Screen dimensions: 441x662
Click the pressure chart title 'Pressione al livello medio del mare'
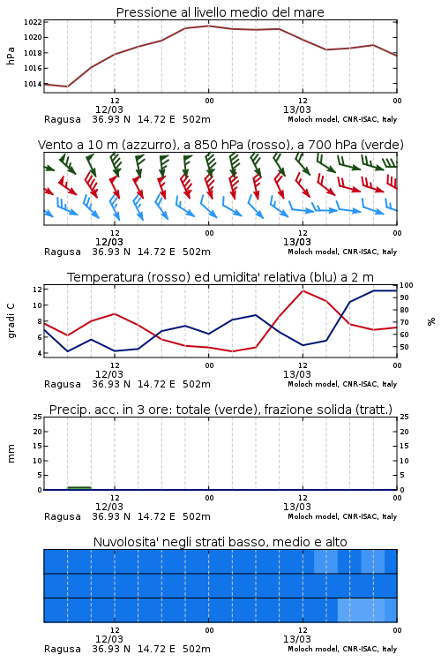pyautogui.click(x=220, y=12)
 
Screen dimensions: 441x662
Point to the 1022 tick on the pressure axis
pyautogui.click(x=33, y=22)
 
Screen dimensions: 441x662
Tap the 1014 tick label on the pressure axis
pyautogui.click(x=33, y=84)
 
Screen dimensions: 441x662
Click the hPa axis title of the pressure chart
pyautogui.click(x=11, y=56)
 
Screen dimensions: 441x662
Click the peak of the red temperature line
pyautogui.click(x=303, y=290)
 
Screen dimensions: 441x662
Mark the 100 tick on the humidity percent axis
pyautogui.click(x=407, y=285)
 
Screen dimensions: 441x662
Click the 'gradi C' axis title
pyautogui.click(x=11, y=320)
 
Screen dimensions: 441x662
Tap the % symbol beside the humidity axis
pyautogui.click(x=431, y=321)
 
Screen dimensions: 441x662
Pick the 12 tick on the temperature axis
pyautogui.click(x=37, y=290)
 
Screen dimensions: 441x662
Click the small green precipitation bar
pyautogui.click(x=79, y=488)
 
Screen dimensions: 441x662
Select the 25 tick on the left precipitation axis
pyautogui.click(x=38, y=417)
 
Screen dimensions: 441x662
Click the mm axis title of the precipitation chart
pyautogui.click(x=11, y=453)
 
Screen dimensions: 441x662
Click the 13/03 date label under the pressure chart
pyautogui.click(x=297, y=109)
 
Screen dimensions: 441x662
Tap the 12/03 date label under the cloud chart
pyautogui.click(x=109, y=639)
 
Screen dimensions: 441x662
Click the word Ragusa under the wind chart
pyautogui.click(x=63, y=252)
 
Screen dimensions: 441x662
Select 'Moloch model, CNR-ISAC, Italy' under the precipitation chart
pyautogui.click(x=342, y=516)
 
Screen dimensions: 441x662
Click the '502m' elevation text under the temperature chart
pyautogui.click(x=196, y=384)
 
